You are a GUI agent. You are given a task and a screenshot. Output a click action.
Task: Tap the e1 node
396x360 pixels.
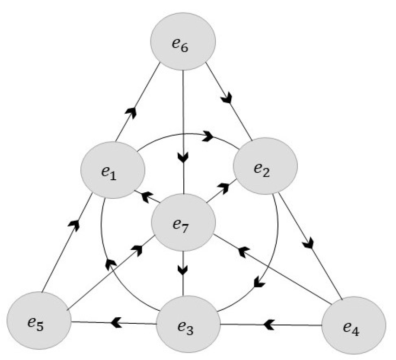(x=113, y=170)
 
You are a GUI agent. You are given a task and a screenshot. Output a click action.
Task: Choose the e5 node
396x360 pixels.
(x=39, y=322)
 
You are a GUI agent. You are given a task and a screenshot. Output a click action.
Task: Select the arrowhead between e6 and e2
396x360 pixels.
(x=226, y=99)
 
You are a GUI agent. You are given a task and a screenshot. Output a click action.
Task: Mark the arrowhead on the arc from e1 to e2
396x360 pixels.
(x=208, y=137)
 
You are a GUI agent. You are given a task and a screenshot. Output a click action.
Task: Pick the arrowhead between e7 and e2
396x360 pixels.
(x=223, y=188)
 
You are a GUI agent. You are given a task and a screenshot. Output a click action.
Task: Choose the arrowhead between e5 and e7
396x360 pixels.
(x=137, y=249)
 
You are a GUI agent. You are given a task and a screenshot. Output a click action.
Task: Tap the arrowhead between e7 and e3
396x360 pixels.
(x=184, y=270)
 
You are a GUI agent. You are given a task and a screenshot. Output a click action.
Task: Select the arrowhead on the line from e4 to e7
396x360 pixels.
(x=244, y=251)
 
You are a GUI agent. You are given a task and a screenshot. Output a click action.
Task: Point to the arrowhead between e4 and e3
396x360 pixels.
(x=269, y=323)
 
